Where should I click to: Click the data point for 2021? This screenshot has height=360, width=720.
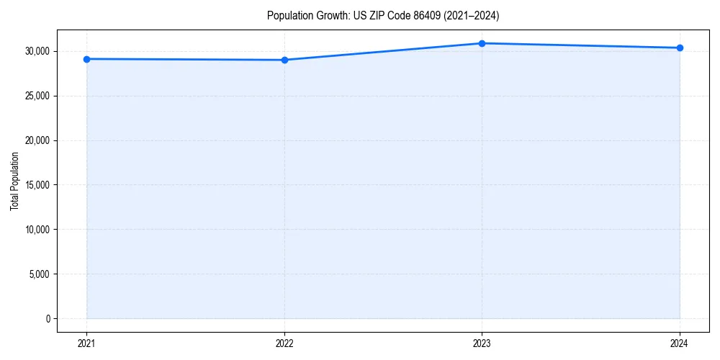86,59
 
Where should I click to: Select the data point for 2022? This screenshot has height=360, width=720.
284,60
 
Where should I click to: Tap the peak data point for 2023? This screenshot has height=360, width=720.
482,43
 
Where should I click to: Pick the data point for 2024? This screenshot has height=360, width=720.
680,48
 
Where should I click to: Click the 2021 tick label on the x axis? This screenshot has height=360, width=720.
86,343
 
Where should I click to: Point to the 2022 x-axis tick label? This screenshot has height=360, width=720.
284,343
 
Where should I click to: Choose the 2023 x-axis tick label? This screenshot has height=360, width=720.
482,343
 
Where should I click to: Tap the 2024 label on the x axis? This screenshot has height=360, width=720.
680,343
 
